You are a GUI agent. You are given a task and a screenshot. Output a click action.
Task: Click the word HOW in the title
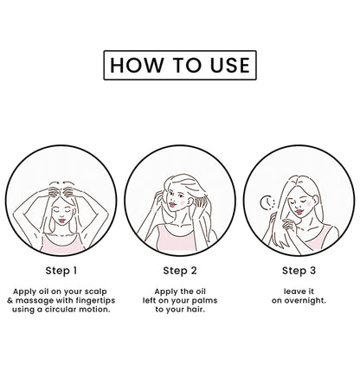pyautogui.click(x=137, y=65)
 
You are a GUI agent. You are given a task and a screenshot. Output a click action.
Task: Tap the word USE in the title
pyautogui.click(x=230, y=65)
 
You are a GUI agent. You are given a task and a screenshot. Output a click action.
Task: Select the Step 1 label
pyautogui.click(x=61, y=271)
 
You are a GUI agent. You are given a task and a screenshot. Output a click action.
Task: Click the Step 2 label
pyautogui.click(x=180, y=271)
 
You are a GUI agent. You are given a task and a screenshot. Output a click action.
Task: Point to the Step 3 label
pyautogui.click(x=299, y=271)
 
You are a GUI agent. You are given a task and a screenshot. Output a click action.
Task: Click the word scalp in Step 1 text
pyautogui.click(x=96, y=291)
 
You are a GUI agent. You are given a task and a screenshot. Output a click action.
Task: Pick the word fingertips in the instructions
pyautogui.click(x=96, y=301)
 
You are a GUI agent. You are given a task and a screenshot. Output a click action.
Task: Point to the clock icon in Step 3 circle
pyautogui.click(x=267, y=202)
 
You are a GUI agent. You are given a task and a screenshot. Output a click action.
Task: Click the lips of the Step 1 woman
pyautogui.click(x=61, y=221)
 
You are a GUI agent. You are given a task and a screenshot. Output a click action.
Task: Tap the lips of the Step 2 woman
pyautogui.click(x=172, y=205)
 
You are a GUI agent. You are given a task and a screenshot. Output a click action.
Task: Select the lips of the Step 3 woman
pyautogui.click(x=299, y=212)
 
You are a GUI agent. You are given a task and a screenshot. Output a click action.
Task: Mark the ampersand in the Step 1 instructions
pyautogui.click(x=10, y=301)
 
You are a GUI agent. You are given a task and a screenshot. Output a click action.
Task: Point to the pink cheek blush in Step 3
pyautogui.click(x=309, y=203)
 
